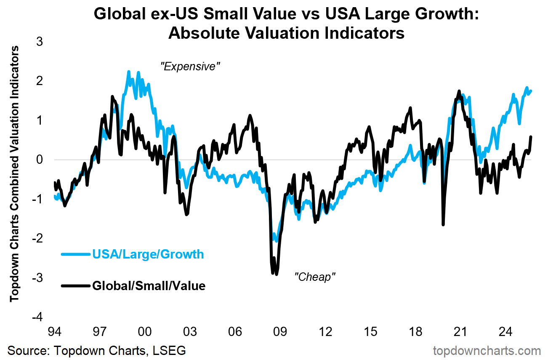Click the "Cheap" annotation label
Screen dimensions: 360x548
pos(315,277)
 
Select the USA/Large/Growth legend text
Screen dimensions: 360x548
pos(148,254)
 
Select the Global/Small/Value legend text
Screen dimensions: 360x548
pos(149,286)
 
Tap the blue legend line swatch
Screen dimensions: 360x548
pos(76,254)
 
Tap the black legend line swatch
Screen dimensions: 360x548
pos(76,286)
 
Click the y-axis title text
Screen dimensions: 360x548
pos(15,173)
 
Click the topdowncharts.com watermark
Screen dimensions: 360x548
pos(487,350)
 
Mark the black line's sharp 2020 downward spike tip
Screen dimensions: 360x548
pos(443,224)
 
